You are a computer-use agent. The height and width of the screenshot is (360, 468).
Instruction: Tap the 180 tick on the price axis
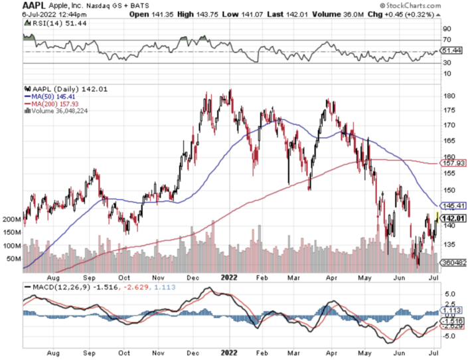449,96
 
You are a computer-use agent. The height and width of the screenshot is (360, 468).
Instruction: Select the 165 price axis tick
449,141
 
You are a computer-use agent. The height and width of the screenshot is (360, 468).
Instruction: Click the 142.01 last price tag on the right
451,218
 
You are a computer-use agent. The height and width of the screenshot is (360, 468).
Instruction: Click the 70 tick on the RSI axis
447,41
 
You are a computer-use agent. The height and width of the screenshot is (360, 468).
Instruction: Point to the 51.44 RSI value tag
451,50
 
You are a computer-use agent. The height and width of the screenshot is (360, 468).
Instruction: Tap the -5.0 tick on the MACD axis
449,336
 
